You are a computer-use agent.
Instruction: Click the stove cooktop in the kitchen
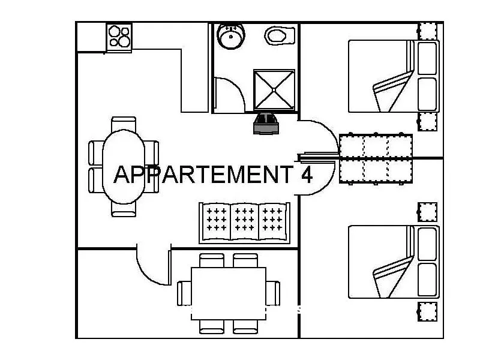119,37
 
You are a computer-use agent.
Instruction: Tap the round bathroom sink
231,36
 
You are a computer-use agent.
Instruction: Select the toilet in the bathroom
280,35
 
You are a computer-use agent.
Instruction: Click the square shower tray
274,89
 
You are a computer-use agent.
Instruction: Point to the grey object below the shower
266,124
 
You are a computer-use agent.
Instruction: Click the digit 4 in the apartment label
307,175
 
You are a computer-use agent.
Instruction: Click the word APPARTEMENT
203,175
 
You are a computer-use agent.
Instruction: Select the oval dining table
124,167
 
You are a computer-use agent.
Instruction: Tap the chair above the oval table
124,124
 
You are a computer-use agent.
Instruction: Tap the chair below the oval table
124,209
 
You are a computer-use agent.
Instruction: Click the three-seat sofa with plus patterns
245,223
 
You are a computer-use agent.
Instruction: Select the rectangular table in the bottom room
229,293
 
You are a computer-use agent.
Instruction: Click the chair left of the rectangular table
184,293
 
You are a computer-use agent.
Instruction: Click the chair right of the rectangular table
273,293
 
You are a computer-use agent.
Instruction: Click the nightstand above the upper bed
428,31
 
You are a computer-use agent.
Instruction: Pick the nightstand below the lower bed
428,311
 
